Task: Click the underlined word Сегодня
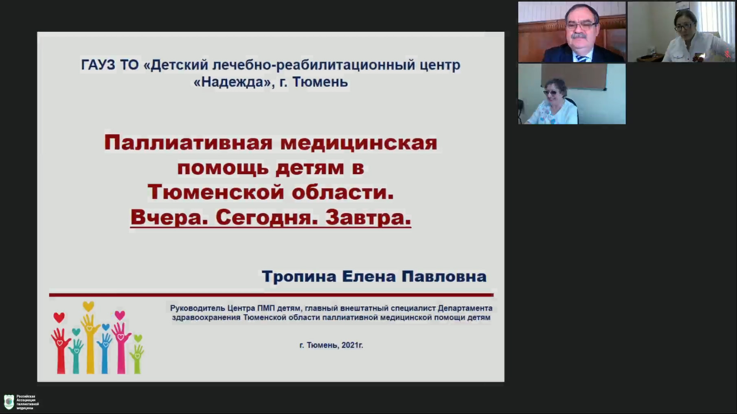click(267, 217)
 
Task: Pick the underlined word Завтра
click(368, 217)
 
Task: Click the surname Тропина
click(299, 277)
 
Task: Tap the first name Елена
click(368, 277)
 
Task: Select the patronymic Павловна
click(444, 277)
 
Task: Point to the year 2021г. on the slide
click(352, 345)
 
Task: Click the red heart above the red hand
click(59, 318)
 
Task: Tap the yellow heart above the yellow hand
click(88, 306)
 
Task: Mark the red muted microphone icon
click(727, 54)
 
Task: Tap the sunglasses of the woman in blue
click(551, 92)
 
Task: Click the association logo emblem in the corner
click(9, 402)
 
